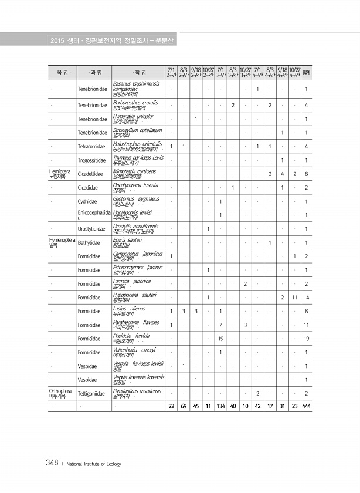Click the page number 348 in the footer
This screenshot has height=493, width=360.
click(52, 463)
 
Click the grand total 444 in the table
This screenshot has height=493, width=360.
click(306, 407)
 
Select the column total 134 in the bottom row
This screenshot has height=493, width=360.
click(220, 407)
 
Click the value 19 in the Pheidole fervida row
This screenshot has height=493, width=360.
click(220, 339)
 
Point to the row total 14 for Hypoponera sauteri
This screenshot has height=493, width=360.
click(306, 297)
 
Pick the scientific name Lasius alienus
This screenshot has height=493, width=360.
click(130, 308)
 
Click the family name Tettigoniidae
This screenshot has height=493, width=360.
click(92, 394)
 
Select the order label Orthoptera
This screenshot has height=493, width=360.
click(60, 390)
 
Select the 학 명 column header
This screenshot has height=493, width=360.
click(138, 73)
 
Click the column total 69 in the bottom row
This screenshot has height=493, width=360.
click(183, 407)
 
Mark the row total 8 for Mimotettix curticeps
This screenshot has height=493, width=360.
click(307, 174)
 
